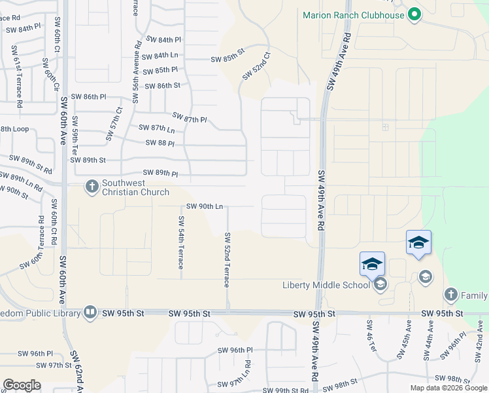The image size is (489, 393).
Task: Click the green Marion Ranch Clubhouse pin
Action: pyautogui.click(x=413, y=14)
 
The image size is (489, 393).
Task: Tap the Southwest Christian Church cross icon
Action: pyautogui.click(x=92, y=187)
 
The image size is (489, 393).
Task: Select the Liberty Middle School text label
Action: pyautogui.click(x=326, y=284)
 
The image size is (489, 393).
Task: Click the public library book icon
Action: pyautogui.click(x=90, y=312)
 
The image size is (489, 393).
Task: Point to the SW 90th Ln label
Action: pyautogui.click(x=205, y=206)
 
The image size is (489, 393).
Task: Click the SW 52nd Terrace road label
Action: pyautogui.click(x=227, y=259)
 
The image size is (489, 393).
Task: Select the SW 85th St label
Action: pyautogui.click(x=228, y=60)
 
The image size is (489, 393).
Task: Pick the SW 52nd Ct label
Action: pyautogui.click(x=256, y=67)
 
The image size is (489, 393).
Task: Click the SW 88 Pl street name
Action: pyautogui.click(x=160, y=143)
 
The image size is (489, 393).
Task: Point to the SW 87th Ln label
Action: pyautogui.click(x=158, y=129)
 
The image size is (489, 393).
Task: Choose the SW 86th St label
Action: pyautogui.click(x=163, y=86)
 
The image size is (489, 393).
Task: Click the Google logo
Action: pyautogui.click(x=22, y=385)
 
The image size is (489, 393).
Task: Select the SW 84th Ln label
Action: pyautogui.click(x=160, y=56)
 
